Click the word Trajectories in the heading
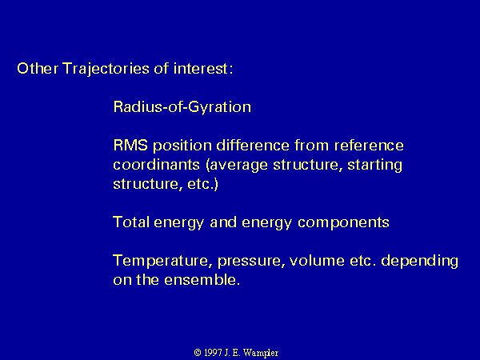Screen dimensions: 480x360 click(106, 69)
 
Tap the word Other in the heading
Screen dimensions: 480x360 click(38, 68)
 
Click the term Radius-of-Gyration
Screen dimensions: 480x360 click(182, 108)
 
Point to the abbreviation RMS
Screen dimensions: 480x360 click(130, 145)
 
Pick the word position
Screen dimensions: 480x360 click(182, 146)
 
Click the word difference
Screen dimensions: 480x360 click(253, 145)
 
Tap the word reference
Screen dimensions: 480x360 click(369, 145)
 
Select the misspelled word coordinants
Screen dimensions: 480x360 click(157, 164)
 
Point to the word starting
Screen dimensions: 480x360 click(374, 166)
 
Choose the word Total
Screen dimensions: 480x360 click(131, 222)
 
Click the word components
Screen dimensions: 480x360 click(343, 223)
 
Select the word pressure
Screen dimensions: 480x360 click(250, 262)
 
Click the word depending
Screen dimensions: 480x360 click(419, 262)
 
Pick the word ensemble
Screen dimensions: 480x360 click(202, 280)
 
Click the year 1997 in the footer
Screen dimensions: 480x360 click(213, 353)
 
